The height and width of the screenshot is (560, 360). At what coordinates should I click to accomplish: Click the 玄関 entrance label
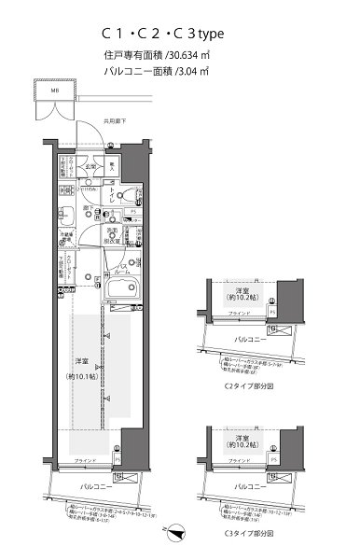[x=93, y=167]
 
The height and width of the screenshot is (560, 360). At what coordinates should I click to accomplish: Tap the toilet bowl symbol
[x=134, y=193]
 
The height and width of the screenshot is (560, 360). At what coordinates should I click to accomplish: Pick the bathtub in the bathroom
[x=120, y=299]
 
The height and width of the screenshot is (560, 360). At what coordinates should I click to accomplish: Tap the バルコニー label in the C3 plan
[x=244, y=488]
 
